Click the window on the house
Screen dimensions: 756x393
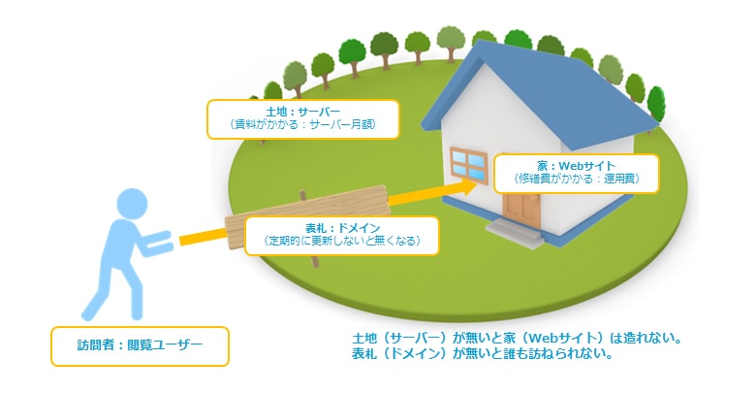click(x=469, y=165)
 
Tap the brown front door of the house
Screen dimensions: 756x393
click(x=521, y=210)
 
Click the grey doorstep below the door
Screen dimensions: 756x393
click(x=515, y=233)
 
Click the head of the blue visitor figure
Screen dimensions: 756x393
click(x=132, y=203)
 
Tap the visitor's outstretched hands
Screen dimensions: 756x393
click(x=159, y=242)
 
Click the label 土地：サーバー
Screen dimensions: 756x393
click(x=302, y=112)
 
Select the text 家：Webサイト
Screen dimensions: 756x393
click(x=576, y=166)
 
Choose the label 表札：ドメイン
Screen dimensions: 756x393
click(x=342, y=228)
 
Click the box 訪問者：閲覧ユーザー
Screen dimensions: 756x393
click(x=140, y=346)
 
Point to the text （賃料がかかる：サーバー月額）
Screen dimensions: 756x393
click(x=302, y=124)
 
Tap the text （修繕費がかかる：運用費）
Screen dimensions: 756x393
click(x=576, y=179)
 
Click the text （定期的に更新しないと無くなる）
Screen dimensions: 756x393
click(x=342, y=241)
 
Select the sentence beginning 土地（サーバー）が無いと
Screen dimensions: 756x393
click(x=518, y=338)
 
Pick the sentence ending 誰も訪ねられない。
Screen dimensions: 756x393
click(x=483, y=353)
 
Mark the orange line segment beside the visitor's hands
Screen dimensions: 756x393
click(x=203, y=237)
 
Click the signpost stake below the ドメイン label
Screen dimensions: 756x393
click(x=315, y=261)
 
